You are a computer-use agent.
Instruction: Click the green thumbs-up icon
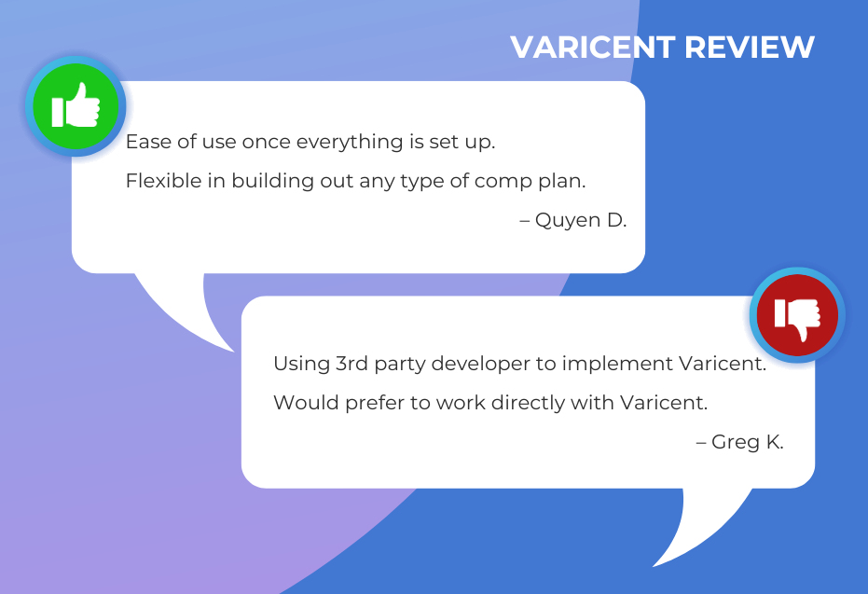(x=76, y=105)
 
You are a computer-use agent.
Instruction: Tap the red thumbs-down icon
(x=797, y=315)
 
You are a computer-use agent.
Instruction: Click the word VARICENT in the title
(x=592, y=47)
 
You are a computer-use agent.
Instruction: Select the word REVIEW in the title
(x=750, y=47)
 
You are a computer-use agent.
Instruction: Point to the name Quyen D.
(x=581, y=220)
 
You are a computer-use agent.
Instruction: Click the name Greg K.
(x=748, y=442)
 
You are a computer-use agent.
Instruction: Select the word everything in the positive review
(x=350, y=143)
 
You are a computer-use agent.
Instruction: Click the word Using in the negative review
(x=301, y=365)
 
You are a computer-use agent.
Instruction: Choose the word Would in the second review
(x=306, y=403)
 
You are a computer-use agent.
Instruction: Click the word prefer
(x=375, y=404)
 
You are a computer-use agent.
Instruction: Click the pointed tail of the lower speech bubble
(x=654, y=566)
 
